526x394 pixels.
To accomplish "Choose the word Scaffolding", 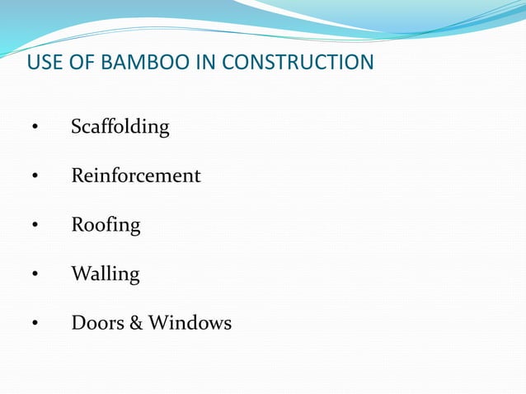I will pos(120,128).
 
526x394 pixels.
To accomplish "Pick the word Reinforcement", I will pos(136,176).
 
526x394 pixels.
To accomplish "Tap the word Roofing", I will pos(106,225).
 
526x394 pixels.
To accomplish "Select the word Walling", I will pos(106,274).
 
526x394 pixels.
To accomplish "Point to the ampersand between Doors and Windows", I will pos(136,323).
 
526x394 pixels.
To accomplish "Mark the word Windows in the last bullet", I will pos(190,323).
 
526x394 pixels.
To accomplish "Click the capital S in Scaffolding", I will pos(77,128).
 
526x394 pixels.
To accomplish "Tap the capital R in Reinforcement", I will pos(77,176).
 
